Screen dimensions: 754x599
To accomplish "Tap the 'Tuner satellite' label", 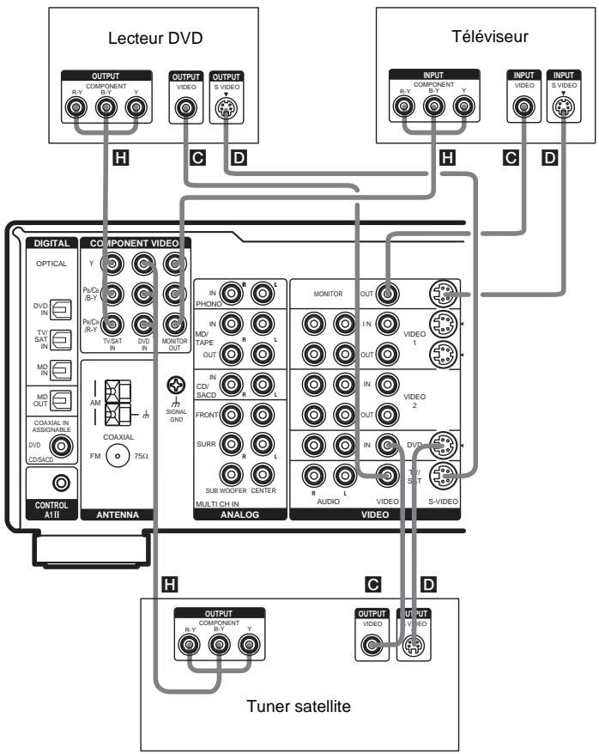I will (299, 705).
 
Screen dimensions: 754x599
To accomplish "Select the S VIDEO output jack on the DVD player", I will (226, 109).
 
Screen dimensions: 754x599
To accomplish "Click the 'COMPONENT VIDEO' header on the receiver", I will (136, 244).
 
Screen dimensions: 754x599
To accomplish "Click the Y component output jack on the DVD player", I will (133, 109).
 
